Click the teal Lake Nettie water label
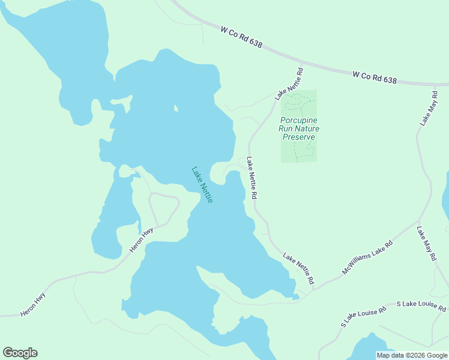pyautogui.click(x=202, y=184)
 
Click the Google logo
pyautogui.click(x=20, y=353)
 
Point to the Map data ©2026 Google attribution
pyautogui.click(x=412, y=355)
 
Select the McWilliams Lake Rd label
pyautogui.click(x=367, y=257)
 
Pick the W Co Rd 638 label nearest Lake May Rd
pyautogui.click(x=375, y=77)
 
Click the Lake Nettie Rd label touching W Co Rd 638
pyautogui.click(x=289, y=83)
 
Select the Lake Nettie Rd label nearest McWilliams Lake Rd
pyautogui.click(x=299, y=269)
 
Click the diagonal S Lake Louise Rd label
pyautogui.click(x=359, y=316)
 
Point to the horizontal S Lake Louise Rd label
pyautogui.click(x=421, y=305)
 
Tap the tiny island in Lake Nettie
pyautogui.click(x=175, y=109)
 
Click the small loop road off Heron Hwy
pyautogui.click(x=164, y=208)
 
